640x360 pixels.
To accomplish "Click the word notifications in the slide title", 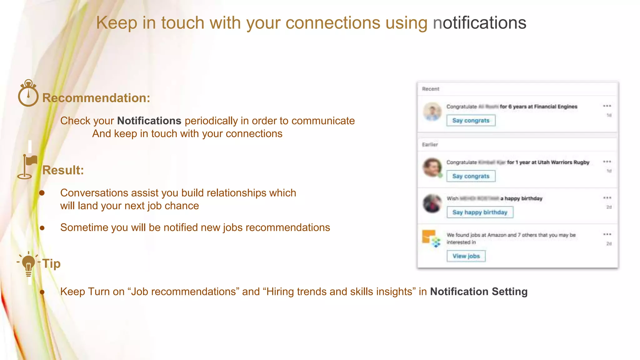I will (479, 23).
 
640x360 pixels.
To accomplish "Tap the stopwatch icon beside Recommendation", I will (28, 93).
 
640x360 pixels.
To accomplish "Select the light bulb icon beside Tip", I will (28, 264).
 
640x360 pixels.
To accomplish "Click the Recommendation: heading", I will (96, 98).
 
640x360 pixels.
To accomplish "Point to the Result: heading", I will (63, 170).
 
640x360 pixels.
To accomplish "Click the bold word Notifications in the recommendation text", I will (149, 121).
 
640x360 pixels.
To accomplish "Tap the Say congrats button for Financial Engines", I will (471, 121).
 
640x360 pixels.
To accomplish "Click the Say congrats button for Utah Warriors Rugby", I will (471, 176).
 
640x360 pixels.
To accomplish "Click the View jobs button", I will (466, 256).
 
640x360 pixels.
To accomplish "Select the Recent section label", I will (430, 89).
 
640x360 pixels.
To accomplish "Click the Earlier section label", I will (430, 145).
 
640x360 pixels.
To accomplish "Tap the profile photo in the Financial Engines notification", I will (432, 112).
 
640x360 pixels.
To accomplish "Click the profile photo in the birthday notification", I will (432, 203).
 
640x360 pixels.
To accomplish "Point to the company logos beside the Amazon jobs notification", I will (432, 239).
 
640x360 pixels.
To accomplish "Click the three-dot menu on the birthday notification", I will (607, 198).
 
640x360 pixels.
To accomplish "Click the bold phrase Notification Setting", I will (478, 292).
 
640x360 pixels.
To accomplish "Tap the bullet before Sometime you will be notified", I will (42, 228).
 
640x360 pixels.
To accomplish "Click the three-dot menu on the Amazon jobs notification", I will (607, 234).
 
